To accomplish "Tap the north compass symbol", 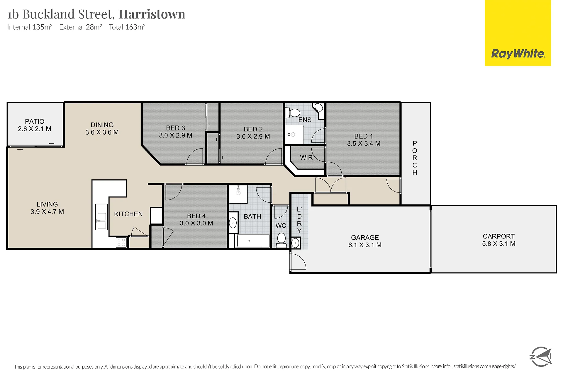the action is (x=541, y=357).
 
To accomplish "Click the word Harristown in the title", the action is (x=152, y=14).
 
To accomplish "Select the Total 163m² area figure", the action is (x=127, y=27).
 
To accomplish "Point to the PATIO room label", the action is (x=35, y=121).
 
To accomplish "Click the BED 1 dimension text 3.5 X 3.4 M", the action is (x=364, y=144).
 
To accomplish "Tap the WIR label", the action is (x=306, y=158).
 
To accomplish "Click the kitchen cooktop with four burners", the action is (x=121, y=243).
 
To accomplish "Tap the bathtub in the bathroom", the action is (x=253, y=241).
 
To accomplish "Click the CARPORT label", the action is (x=498, y=236).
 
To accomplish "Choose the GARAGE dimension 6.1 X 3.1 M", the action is (x=365, y=245).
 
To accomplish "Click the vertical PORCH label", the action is (x=415, y=158).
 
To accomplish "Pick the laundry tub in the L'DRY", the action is (x=296, y=243).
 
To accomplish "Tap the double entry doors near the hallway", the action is (x=330, y=185).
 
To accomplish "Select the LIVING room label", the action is (x=47, y=204).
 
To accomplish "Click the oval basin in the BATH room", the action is (x=233, y=223).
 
